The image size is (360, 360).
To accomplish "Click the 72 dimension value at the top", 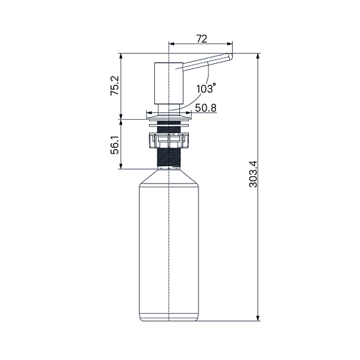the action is pyautogui.click(x=201, y=39).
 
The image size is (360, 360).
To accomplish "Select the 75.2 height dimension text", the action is pyautogui.click(x=115, y=85).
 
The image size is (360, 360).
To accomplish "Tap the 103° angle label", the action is pyautogui.click(x=206, y=88).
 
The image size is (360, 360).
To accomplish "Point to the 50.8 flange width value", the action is pyautogui.click(x=206, y=108).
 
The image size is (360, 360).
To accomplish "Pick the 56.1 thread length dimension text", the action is pyautogui.click(x=115, y=145).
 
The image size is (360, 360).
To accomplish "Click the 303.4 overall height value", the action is pyautogui.click(x=253, y=174).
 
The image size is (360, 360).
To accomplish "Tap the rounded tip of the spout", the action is pyautogui.click(x=230, y=57).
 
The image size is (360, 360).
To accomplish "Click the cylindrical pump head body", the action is pyautogui.click(x=169, y=83).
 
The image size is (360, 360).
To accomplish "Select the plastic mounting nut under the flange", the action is pyautogui.click(x=169, y=140).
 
